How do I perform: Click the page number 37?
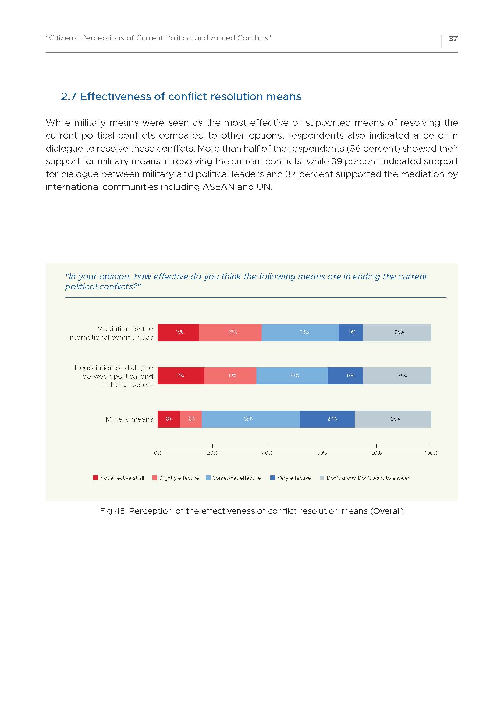(453, 38)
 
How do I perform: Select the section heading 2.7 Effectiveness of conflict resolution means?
(181, 96)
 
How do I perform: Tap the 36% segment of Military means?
(251, 419)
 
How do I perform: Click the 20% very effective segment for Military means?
(327, 419)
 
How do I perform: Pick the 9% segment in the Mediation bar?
(351, 332)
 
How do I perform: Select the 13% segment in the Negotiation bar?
(345, 376)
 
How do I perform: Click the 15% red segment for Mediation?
(178, 332)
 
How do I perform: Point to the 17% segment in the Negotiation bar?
(181, 376)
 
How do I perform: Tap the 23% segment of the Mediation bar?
(230, 332)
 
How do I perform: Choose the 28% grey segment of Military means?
(393, 419)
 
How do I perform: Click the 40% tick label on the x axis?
(267, 453)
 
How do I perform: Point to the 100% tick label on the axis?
(431, 453)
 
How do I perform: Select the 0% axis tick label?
(158, 453)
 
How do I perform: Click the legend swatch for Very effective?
(273, 478)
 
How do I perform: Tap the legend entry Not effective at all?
(119, 478)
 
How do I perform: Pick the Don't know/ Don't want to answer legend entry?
(365, 478)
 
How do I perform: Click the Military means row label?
(130, 419)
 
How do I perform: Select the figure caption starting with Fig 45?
(252, 511)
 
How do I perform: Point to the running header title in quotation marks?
(158, 38)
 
